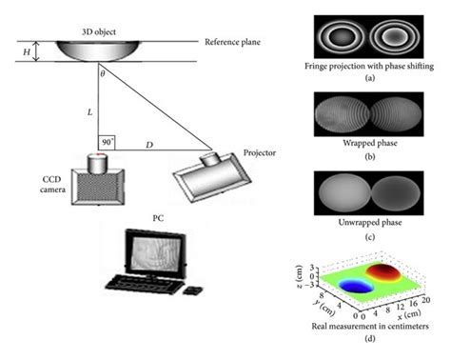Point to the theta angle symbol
[104, 72]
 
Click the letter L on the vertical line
[90, 112]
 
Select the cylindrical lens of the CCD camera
[98, 163]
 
